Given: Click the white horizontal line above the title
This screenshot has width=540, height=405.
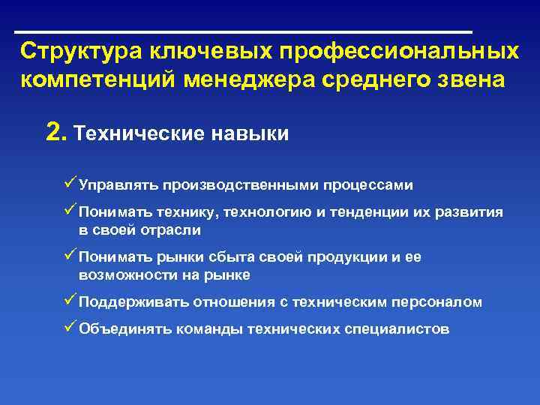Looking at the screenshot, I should [244, 32].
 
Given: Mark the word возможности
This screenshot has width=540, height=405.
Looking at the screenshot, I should [122, 275].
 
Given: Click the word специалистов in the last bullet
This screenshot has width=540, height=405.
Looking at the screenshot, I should [402, 328].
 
